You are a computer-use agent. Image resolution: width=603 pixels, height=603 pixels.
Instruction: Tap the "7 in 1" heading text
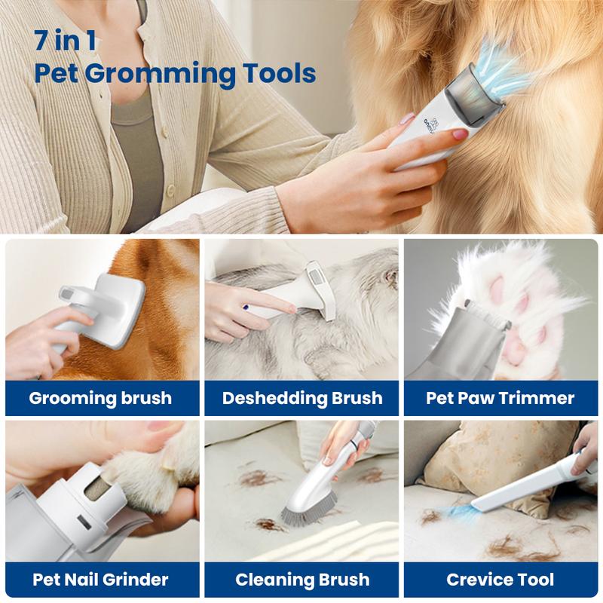click(x=65, y=40)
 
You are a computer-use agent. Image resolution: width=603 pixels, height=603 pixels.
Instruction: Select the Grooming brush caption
click(x=100, y=398)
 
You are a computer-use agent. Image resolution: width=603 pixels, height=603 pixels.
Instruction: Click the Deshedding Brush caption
click(x=302, y=398)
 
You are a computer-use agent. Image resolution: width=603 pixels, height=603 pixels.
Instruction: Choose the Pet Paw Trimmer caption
click(x=500, y=398)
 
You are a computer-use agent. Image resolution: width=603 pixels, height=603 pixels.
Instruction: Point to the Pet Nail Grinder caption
click(x=100, y=580)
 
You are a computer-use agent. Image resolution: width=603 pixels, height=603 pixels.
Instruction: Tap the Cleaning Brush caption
click(x=302, y=580)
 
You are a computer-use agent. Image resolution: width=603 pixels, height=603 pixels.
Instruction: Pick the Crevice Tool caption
click(x=500, y=580)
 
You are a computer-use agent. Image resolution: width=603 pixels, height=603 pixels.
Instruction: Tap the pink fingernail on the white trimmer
click(x=460, y=134)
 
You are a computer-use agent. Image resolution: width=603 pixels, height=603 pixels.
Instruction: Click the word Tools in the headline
click(x=279, y=73)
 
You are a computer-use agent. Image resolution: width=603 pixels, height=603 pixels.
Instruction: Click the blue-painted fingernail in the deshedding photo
click(x=246, y=307)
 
